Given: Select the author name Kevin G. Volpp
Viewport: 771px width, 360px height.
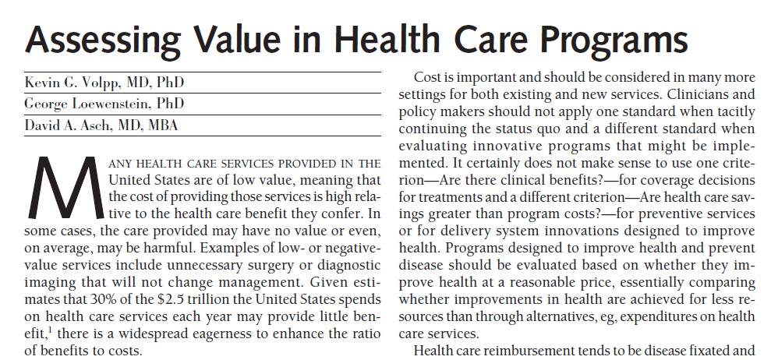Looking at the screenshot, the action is tap(72, 83).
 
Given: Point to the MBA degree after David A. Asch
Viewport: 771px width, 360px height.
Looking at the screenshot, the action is tap(162, 125).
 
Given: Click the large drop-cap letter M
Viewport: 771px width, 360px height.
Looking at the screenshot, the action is tap(66, 187).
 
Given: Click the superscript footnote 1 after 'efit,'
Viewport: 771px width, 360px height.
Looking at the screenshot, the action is tap(51, 330).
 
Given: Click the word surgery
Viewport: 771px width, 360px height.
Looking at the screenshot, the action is tap(282, 266).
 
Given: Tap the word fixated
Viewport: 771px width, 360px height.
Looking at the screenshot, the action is tap(716, 351).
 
